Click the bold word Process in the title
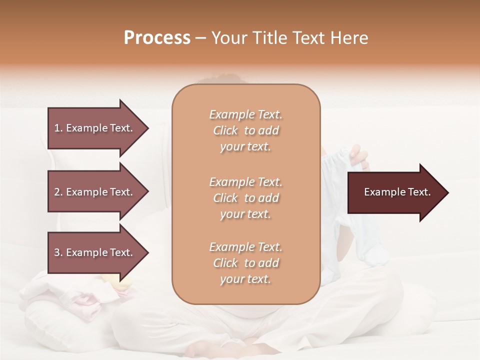coord(157,38)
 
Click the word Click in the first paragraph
coord(225,130)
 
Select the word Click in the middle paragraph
coord(225,198)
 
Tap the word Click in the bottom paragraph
coord(225,263)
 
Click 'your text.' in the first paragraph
coord(245,147)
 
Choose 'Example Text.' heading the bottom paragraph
coord(245,247)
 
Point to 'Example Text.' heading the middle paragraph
coord(245,182)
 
